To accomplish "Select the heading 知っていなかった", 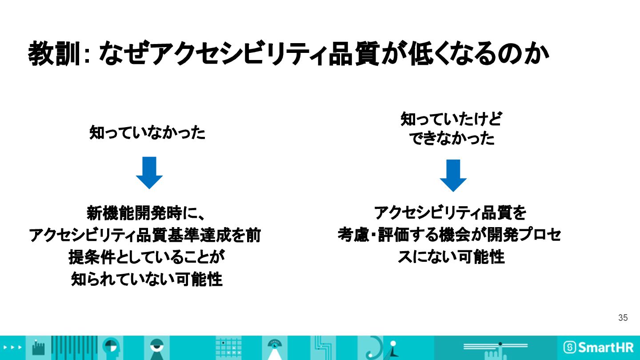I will pos(148,132).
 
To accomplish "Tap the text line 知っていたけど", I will pos(451,119).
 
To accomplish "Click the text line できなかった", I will pos(452,139).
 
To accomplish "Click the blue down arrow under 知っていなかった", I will pos(149,172).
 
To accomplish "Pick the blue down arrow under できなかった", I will pos(453,175).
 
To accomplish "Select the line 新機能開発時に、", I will pos(145,213).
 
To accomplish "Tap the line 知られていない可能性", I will pos(147,279).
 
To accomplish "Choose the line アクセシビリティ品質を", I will pos(450,213).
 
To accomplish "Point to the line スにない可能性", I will pos(451,256).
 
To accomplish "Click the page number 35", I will pos(623,318).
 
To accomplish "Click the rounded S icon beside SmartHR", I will pos(570,348).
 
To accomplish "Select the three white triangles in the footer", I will pos(12,347).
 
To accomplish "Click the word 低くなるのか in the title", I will pos(483,54).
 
